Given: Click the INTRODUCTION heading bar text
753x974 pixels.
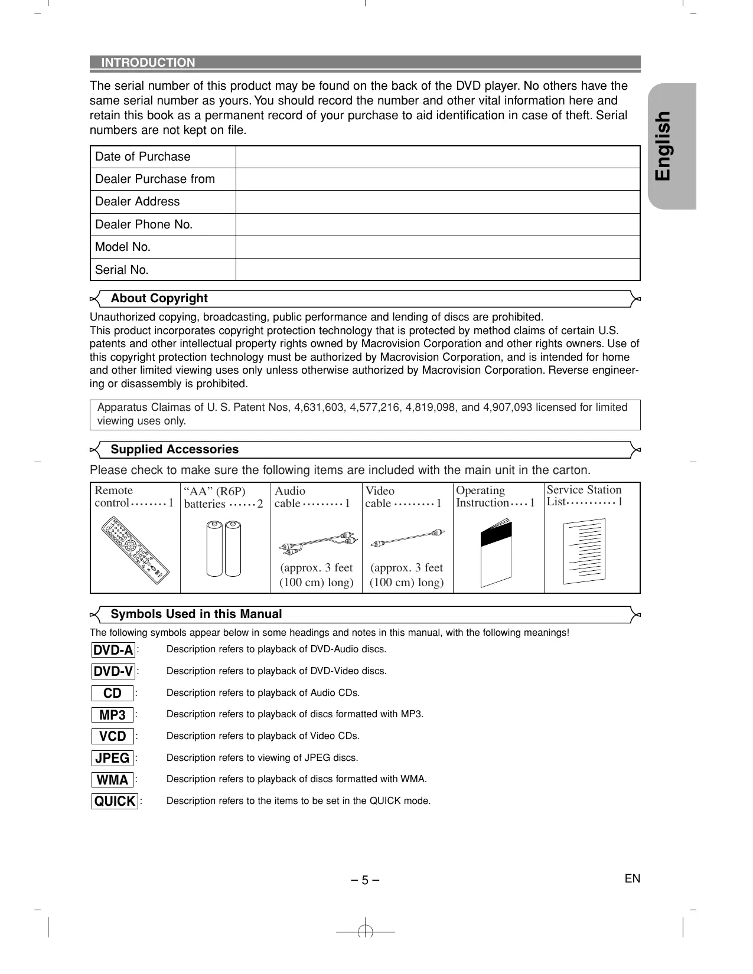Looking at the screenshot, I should pyautogui.click(x=148, y=63).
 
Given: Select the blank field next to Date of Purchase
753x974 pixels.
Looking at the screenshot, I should pyautogui.click(x=438, y=157).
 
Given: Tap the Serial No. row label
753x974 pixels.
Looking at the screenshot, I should pyautogui.click(x=122, y=270).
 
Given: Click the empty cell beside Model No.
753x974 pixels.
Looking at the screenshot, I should pyautogui.click(x=438, y=247).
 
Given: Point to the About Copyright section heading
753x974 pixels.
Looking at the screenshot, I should pyautogui.click(x=159, y=299).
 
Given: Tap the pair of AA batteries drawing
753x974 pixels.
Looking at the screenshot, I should pyautogui.click(x=224, y=548).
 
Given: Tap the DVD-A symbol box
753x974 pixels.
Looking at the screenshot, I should pyautogui.click(x=113, y=650).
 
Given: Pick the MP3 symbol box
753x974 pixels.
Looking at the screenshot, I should pyautogui.click(x=112, y=715).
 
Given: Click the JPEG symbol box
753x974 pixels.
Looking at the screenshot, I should pyautogui.click(x=112, y=758).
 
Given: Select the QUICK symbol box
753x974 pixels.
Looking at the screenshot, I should pyautogui.click(x=115, y=801).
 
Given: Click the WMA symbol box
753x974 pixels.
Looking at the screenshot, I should pyautogui.click(x=112, y=780).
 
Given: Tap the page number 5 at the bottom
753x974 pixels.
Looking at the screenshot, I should pyautogui.click(x=364, y=880).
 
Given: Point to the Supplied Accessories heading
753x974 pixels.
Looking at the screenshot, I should pyautogui.click(x=174, y=450).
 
